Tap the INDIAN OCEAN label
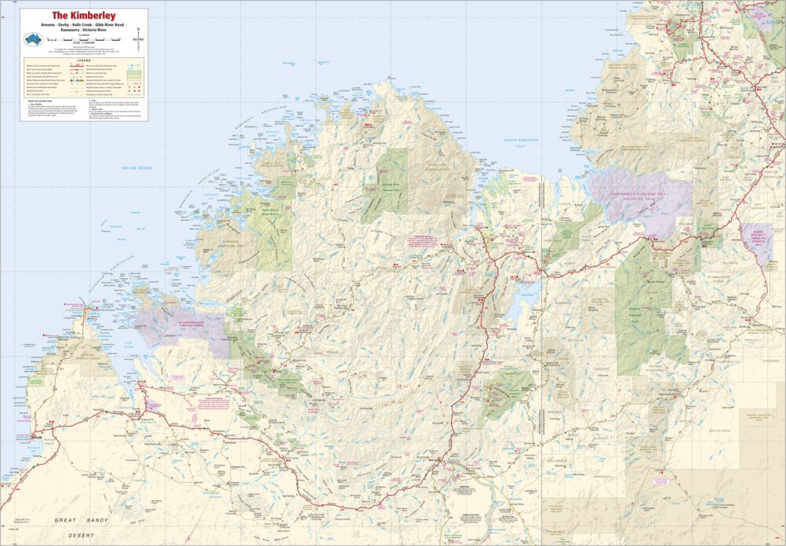click(136, 168)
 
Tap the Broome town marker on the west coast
click(35, 437)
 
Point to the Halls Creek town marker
click(441, 460)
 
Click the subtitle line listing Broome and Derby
click(83, 25)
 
